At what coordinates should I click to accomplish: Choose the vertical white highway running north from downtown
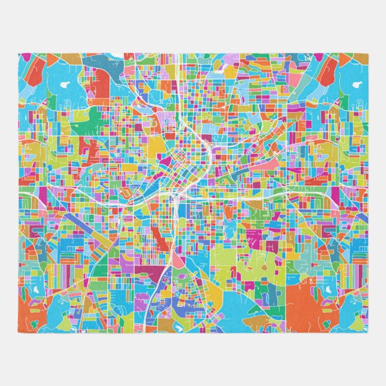[179, 90]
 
